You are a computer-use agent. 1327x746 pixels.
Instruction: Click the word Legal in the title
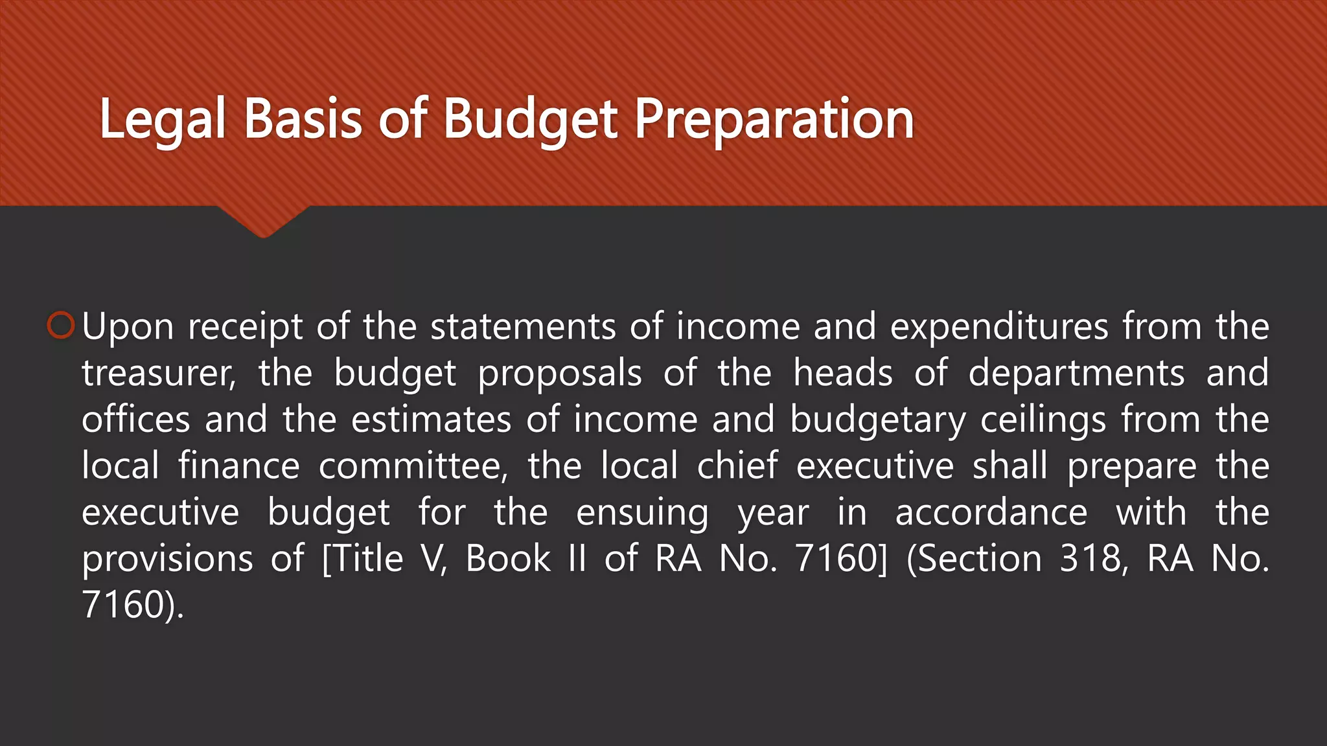tap(163, 119)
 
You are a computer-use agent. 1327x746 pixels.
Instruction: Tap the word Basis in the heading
tap(303, 119)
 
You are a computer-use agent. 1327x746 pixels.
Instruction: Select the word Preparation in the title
tap(774, 119)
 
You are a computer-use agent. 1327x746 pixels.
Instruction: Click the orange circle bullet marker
tap(62, 325)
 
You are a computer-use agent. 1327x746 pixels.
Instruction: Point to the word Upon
tap(128, 326)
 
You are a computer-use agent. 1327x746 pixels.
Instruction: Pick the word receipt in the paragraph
tap(245, 328)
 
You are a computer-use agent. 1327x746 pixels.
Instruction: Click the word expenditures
tap(998, 326)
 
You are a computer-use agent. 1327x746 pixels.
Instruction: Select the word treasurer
tap(157, 374)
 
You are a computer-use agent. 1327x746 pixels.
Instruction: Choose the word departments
tap(1076, 374)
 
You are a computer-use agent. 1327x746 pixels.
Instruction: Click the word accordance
tap(991, 513)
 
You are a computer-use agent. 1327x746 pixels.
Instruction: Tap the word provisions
tap(167, 559)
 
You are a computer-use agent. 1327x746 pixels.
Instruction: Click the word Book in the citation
tap(508, 558)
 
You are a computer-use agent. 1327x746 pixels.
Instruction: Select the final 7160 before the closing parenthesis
tap(122, 605)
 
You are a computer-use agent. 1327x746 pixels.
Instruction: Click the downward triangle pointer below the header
tap(263, 221)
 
